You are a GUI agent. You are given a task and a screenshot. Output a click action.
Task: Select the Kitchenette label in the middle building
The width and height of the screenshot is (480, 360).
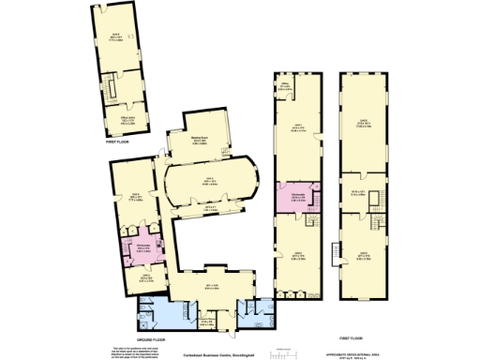(x=299, y=195)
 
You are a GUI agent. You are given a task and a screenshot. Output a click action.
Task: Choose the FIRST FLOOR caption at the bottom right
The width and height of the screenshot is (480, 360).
(x=351, y=337)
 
